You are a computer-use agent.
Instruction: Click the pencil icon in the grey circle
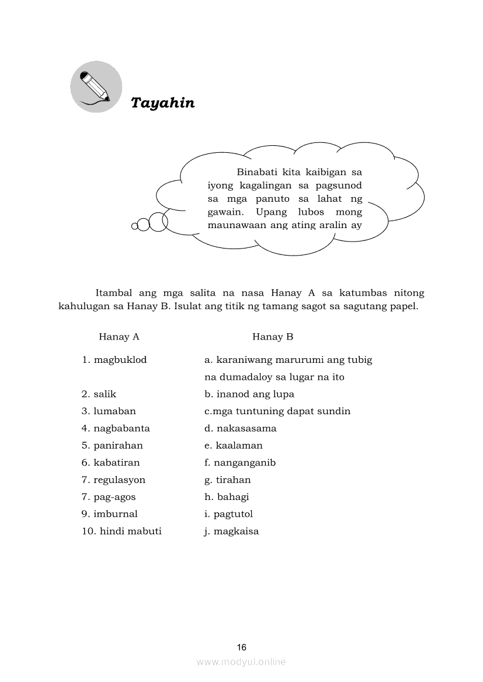click(96, 88)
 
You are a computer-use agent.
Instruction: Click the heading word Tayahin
click(162, 103)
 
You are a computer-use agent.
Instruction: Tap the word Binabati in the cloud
click(258, 172)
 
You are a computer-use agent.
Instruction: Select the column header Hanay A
click(119, 337)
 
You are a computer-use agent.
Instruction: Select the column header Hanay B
click(273, 337)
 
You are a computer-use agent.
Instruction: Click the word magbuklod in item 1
click(120, 360)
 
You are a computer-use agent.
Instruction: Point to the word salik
click(105, 394)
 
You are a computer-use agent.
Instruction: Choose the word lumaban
click(114, 411)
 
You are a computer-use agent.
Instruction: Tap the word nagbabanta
click(121, 428)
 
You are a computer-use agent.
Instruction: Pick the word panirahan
click(118, 446)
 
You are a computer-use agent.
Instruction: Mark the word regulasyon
click(120, 480)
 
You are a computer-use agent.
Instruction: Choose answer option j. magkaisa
click(231, 531)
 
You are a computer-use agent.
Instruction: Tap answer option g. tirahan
click(227, 480)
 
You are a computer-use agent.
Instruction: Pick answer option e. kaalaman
click(233, 446)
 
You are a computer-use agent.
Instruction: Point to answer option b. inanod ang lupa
click(249, 394)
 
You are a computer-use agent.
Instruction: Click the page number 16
click(242, 647)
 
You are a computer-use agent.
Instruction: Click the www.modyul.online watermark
click(241, 662)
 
